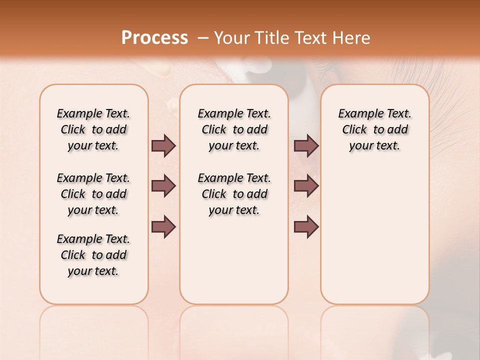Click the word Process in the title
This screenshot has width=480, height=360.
tap(154, 38)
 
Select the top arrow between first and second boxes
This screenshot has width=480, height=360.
tap(163, 145)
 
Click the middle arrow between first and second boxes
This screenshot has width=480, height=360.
tap(163, 186)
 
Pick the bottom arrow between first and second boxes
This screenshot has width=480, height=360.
tap(163, 226)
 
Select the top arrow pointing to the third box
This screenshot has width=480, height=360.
tap(306, 145)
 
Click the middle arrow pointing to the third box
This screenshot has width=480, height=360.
tap(306, 186)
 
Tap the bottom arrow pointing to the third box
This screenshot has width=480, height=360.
tap(306, 226)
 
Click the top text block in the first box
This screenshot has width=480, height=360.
tap(93, 129)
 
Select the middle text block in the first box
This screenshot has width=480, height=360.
tap(93, 194)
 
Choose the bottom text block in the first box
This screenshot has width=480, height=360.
tap(93, 255)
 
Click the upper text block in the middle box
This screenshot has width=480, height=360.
tap(234, 129)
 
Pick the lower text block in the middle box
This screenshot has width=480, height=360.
tap(234, 194)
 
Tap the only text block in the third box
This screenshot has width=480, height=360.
tap(374, 129)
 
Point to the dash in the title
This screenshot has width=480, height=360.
tap(203, 38)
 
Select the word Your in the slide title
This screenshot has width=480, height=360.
tap(230, 38)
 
